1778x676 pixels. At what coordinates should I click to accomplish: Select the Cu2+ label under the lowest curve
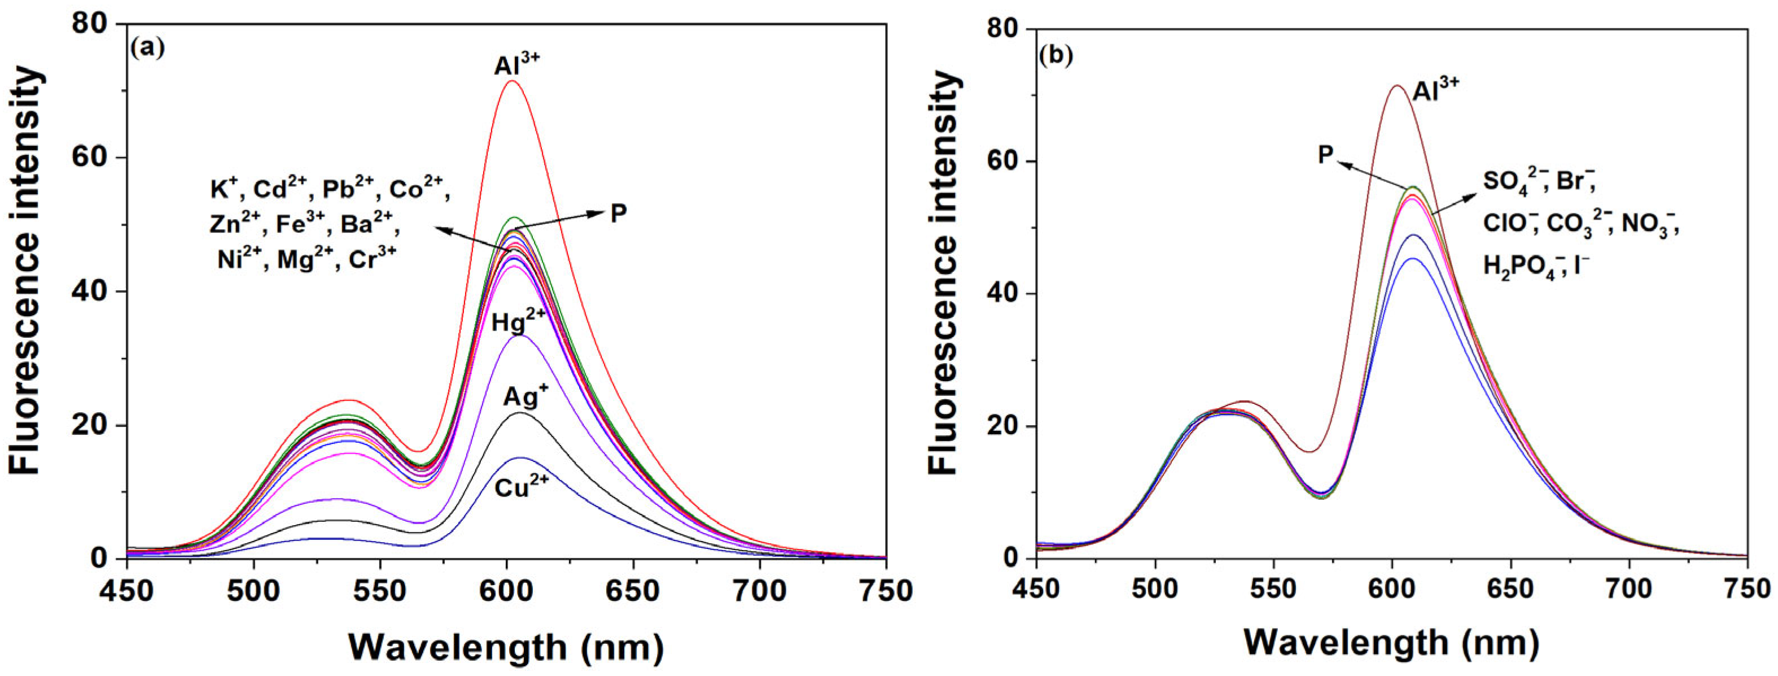coord(522,487)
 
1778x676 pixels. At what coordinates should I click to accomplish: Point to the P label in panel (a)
coord(619,214)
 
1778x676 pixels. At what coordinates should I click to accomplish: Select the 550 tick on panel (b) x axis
coord(1273,591)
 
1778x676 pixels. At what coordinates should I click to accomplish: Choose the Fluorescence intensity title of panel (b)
coord(944,274)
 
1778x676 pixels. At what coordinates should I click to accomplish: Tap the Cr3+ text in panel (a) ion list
coord(372,261)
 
